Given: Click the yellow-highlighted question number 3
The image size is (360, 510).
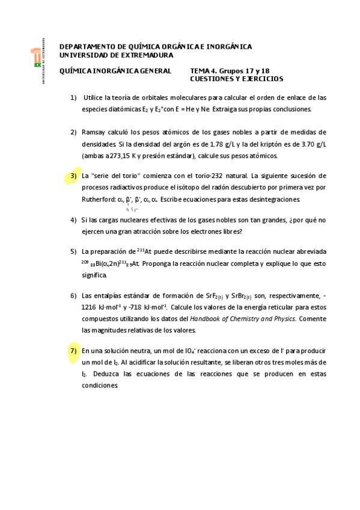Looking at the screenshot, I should (73, 176).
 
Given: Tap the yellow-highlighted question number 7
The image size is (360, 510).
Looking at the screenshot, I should (73, 351).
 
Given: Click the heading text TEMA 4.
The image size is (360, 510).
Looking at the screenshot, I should (205, 71).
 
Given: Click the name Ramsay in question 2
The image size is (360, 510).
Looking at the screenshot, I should (94, 132).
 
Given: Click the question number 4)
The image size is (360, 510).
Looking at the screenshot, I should (73, 220).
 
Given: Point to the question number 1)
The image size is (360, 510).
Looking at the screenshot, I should (73, 97).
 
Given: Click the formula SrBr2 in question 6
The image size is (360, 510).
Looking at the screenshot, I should (241, 296).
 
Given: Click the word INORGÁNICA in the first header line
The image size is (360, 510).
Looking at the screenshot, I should (225, 47).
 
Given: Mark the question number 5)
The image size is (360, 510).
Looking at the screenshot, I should (73, 251).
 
